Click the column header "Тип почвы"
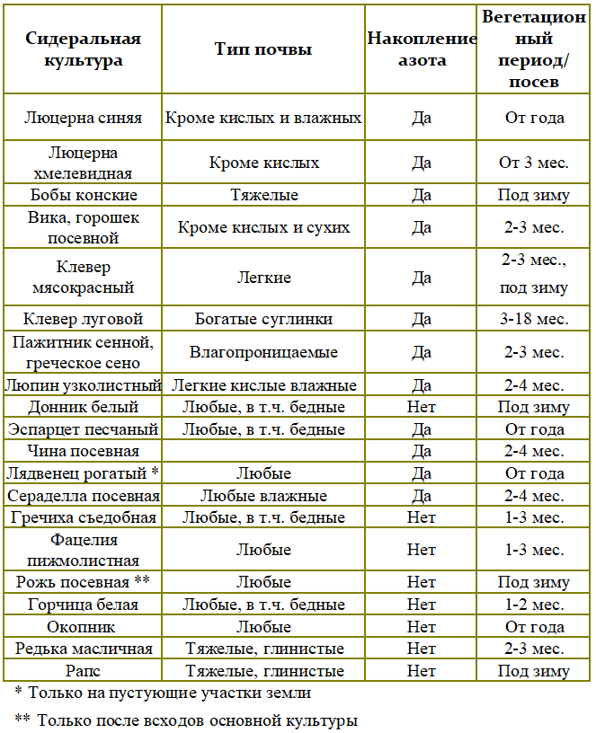tap(263, 49)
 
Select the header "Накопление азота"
tap(421, 49)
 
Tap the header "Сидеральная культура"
tap(83, 49)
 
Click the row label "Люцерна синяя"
tap(83, 118)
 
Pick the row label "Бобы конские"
tap(83, 195)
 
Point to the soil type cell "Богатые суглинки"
tap(263, 319)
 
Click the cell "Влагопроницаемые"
tap(263, 352)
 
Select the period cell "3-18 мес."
tap(534, 319)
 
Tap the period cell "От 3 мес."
tap(534, 163)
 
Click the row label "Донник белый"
tap(83, 407)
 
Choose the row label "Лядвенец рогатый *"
tap(83, 473)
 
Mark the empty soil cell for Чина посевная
tap(263, 451)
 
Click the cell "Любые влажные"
tap(263, 496)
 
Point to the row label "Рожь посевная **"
tap(83, 582)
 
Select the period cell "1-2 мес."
tap(534, 605)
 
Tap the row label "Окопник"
tap(83, 627)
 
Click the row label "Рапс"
tap(83, 670)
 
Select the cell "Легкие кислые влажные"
tap(263, 385)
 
